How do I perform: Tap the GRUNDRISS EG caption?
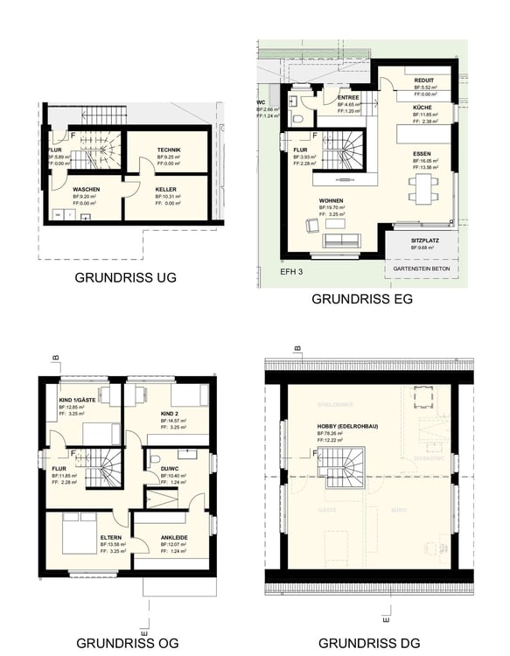[362, 298]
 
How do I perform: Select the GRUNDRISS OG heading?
[126, 643]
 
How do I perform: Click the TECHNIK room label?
[169, 150]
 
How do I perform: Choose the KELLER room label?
[166, 190]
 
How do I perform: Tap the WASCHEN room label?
[86, 190]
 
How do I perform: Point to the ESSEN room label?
[424, 154]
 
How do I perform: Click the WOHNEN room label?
[331, 200]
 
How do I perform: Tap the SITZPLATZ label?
[426, 240]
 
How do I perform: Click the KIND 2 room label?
[171, 413]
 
